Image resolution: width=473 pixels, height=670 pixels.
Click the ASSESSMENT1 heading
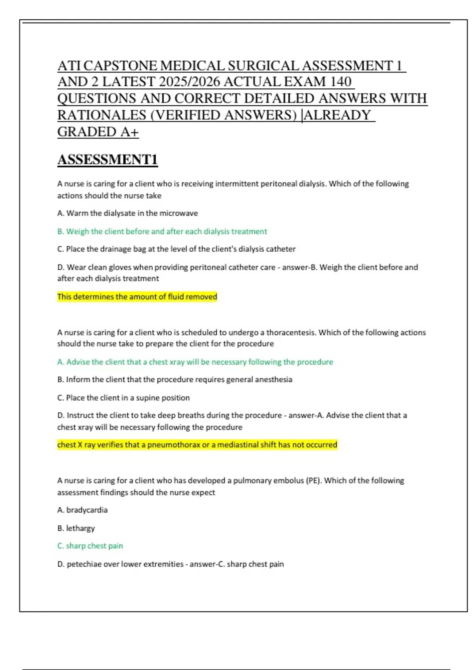(x=108, y=160)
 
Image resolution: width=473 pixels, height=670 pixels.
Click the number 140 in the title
(x=341, y=82)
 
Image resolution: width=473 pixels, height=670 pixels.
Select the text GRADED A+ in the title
(x=98, y=132)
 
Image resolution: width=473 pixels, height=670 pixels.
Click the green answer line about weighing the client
(x=162, y=231)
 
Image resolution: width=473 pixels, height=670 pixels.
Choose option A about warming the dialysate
(x=127, y=213)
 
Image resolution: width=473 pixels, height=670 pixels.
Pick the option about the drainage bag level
(x=176, y=249)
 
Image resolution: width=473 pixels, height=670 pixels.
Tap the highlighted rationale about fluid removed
(x=137, y=296)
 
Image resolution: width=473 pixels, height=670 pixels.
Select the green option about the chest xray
(x=195, y=362)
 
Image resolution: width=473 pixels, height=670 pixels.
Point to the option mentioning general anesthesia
(x=175, y=380)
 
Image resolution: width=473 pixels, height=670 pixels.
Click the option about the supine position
(x=123, y=398)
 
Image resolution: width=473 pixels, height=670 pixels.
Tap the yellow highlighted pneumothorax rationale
(x=197, y=445)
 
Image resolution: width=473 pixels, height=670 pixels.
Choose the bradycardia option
(x=82, y=510)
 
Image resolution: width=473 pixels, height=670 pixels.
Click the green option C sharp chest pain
(x=90, y=546)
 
